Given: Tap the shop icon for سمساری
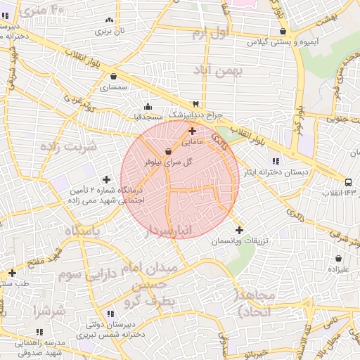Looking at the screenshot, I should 113,77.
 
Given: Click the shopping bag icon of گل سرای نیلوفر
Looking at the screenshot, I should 168,151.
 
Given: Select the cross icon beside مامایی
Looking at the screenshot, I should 193,131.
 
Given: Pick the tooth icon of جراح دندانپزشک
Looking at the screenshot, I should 196,104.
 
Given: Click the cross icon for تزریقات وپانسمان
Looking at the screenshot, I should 239,230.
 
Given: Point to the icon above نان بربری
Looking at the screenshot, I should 108,20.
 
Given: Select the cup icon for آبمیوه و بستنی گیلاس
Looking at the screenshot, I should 283,32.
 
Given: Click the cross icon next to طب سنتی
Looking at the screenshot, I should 12,273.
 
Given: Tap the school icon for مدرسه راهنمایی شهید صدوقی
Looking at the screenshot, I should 39,332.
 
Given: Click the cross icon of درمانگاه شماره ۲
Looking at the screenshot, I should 106,179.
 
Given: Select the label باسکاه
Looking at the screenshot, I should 83,231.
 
